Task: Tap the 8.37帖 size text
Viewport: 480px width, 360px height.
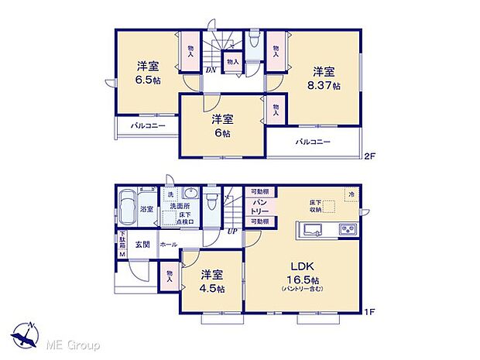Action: [325, 86]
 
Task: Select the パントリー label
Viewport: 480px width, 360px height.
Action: [259, 206]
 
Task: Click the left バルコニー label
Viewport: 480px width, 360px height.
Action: [147, 125]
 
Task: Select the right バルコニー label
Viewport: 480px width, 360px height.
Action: [313, 142]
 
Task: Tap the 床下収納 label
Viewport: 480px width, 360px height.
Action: [310, 204]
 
